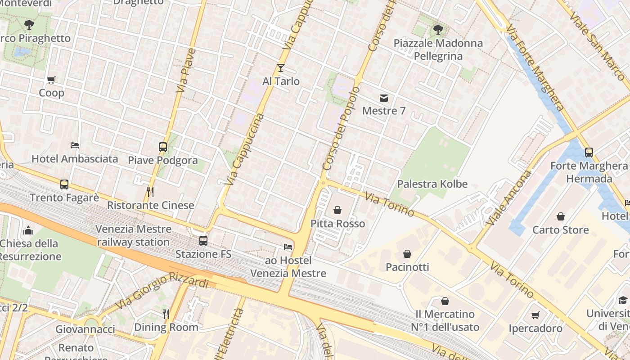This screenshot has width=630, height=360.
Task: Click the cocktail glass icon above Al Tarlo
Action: coord(281,68)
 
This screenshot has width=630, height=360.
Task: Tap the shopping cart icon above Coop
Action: coord(51,80)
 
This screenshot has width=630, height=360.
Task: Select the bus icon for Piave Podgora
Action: coord(163,147)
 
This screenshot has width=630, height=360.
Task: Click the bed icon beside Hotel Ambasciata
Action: coord(75,145)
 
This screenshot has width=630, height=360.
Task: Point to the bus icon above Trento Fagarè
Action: coord(64,184)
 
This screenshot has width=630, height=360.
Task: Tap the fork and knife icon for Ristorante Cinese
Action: coord(150,192)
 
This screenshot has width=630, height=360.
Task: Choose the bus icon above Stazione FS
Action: coord(203,241)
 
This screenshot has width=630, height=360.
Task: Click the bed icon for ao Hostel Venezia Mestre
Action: coord(288,247)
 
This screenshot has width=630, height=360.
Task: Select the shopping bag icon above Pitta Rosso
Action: coord(337,210)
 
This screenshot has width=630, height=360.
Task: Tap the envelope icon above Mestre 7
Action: coord(384,98)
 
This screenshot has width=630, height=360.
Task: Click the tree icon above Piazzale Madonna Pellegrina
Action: coord(438,30)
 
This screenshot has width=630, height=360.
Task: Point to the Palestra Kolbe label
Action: coord(432,184)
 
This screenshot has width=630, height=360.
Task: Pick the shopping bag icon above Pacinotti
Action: coord(407,254)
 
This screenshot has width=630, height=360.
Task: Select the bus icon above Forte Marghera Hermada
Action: coord(589,153)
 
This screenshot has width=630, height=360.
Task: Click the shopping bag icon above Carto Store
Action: coord(560,216)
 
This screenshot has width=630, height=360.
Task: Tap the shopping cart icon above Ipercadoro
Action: coord(535,315)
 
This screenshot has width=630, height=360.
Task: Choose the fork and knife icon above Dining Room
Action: coord(166,314)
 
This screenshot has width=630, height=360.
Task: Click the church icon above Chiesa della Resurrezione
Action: coord(28,230)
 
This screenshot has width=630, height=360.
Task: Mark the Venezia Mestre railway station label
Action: coord(133,235)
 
